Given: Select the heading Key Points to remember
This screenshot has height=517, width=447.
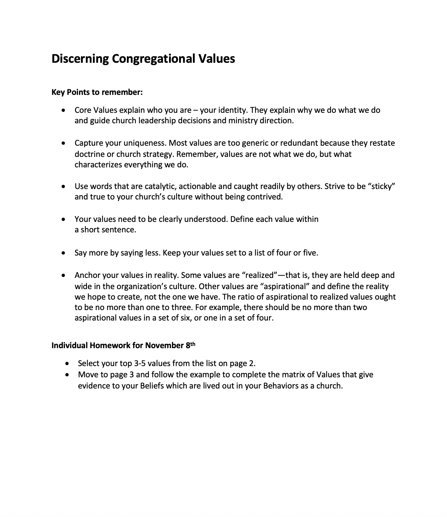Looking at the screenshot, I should click(x=97, y=92).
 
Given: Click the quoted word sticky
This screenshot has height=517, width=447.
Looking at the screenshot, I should click(x=381, y=186).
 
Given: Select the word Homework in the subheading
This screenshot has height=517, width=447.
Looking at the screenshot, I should click(x=108, y=345).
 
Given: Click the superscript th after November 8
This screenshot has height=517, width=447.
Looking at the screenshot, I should click(x=193, y=344).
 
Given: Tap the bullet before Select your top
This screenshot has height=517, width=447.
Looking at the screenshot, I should click(x=67, y=363).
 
